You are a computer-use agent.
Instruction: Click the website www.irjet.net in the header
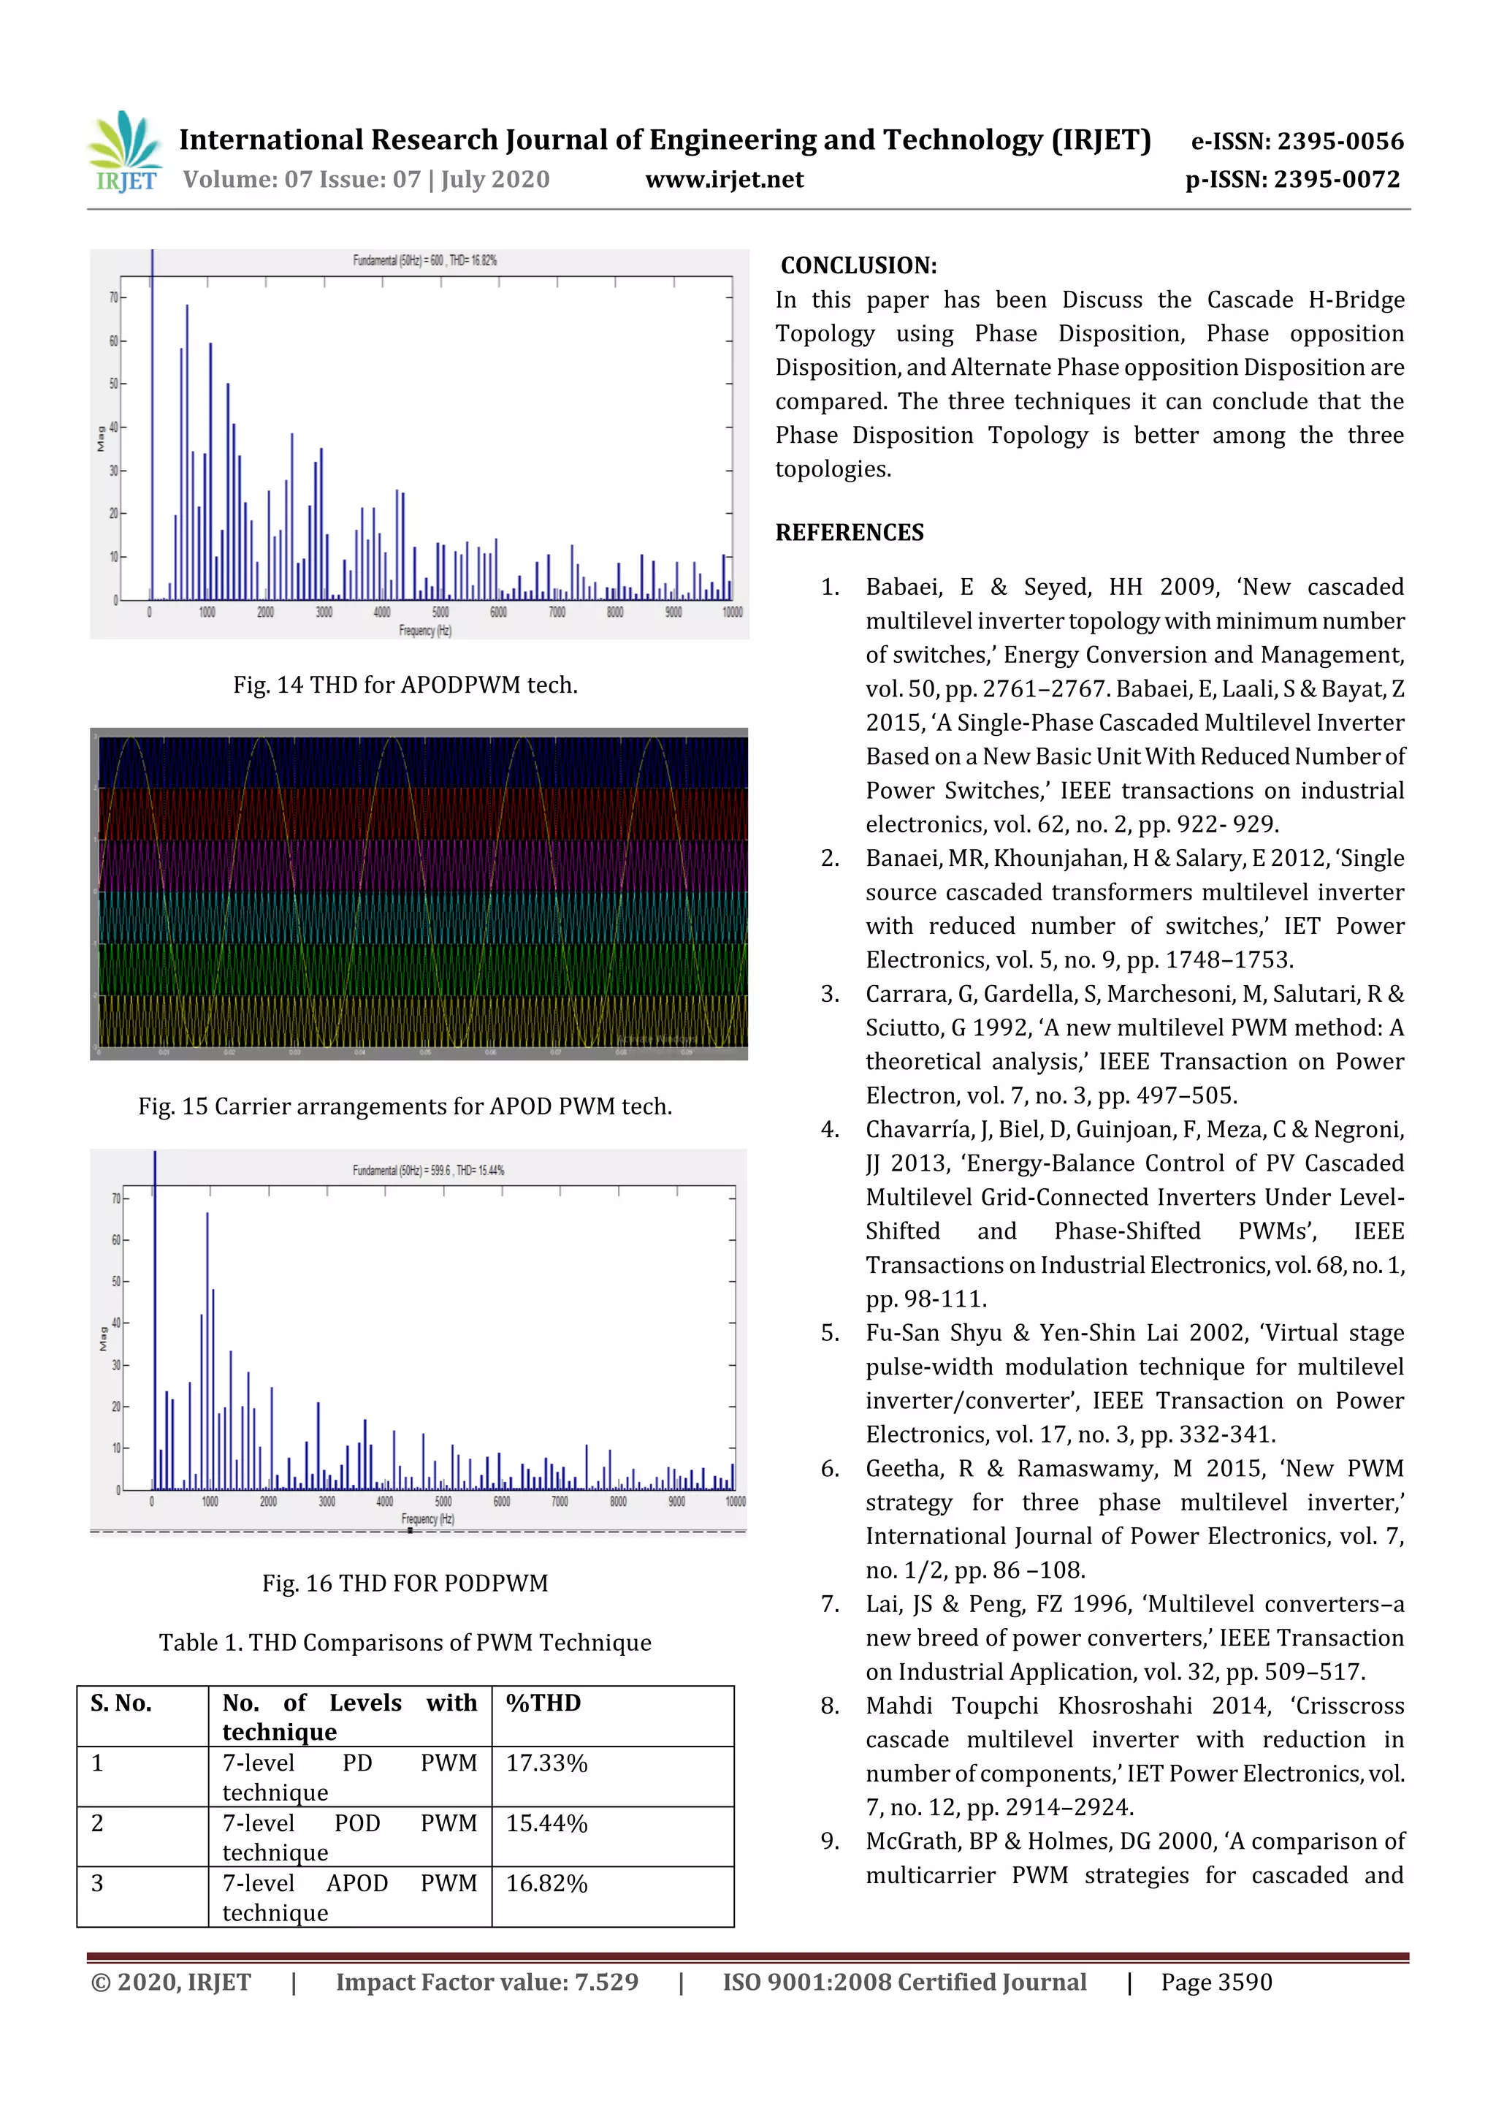pyautogui.click(x=724, y=179)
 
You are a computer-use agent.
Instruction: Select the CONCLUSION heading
pyautogui.click(x=858, y=265)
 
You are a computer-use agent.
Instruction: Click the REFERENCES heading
pyautogui.click(x=849, y=532)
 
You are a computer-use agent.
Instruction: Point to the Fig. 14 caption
pyautogui.click(x=405, y=684)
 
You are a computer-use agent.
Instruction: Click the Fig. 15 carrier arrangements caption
pyautogui.click(x=405, y=1106)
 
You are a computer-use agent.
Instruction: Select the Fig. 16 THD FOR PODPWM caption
pyautogui.click(x=405, y=1582)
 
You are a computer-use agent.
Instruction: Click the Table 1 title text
pyautogui.click(x=405, y=1642)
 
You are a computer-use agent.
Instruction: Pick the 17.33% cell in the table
pyautogui.click(x=546, y=1763)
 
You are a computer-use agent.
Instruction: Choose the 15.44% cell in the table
pyautogui.click(x=546, y=1823)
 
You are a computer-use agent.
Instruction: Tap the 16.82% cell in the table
pyautogui.click(x=546, y=1883)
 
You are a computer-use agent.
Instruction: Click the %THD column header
pyautogui.click(x=543, y=1702)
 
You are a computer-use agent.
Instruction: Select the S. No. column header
pyautogui.click(x=121, y=1702)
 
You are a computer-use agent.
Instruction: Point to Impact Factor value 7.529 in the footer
pyautogui.click(x=486, y=1982)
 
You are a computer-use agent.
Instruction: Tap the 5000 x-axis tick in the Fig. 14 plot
pyautogui.click(x=440, y=612)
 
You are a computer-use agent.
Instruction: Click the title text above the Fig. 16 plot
pyautogui.click(x=428, y=1170)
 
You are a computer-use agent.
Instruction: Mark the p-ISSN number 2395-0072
pyautogui.click(x=1337, y=179)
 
